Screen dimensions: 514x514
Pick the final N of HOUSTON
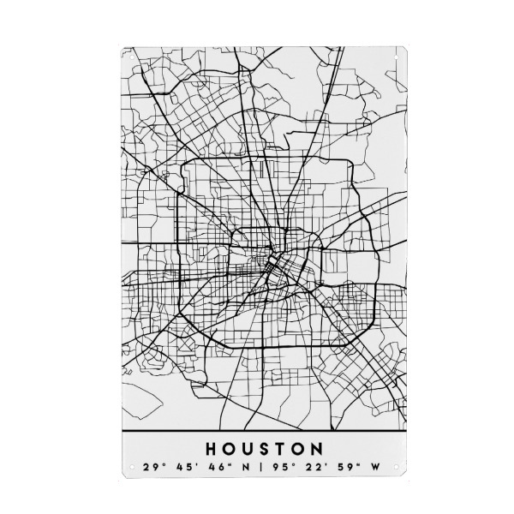coord(317,448)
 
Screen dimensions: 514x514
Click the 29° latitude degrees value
coord(152,469)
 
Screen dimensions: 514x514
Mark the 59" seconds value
coord(344,469)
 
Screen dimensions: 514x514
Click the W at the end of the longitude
coord(374,469)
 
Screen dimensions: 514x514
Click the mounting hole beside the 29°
coord(131,468)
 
